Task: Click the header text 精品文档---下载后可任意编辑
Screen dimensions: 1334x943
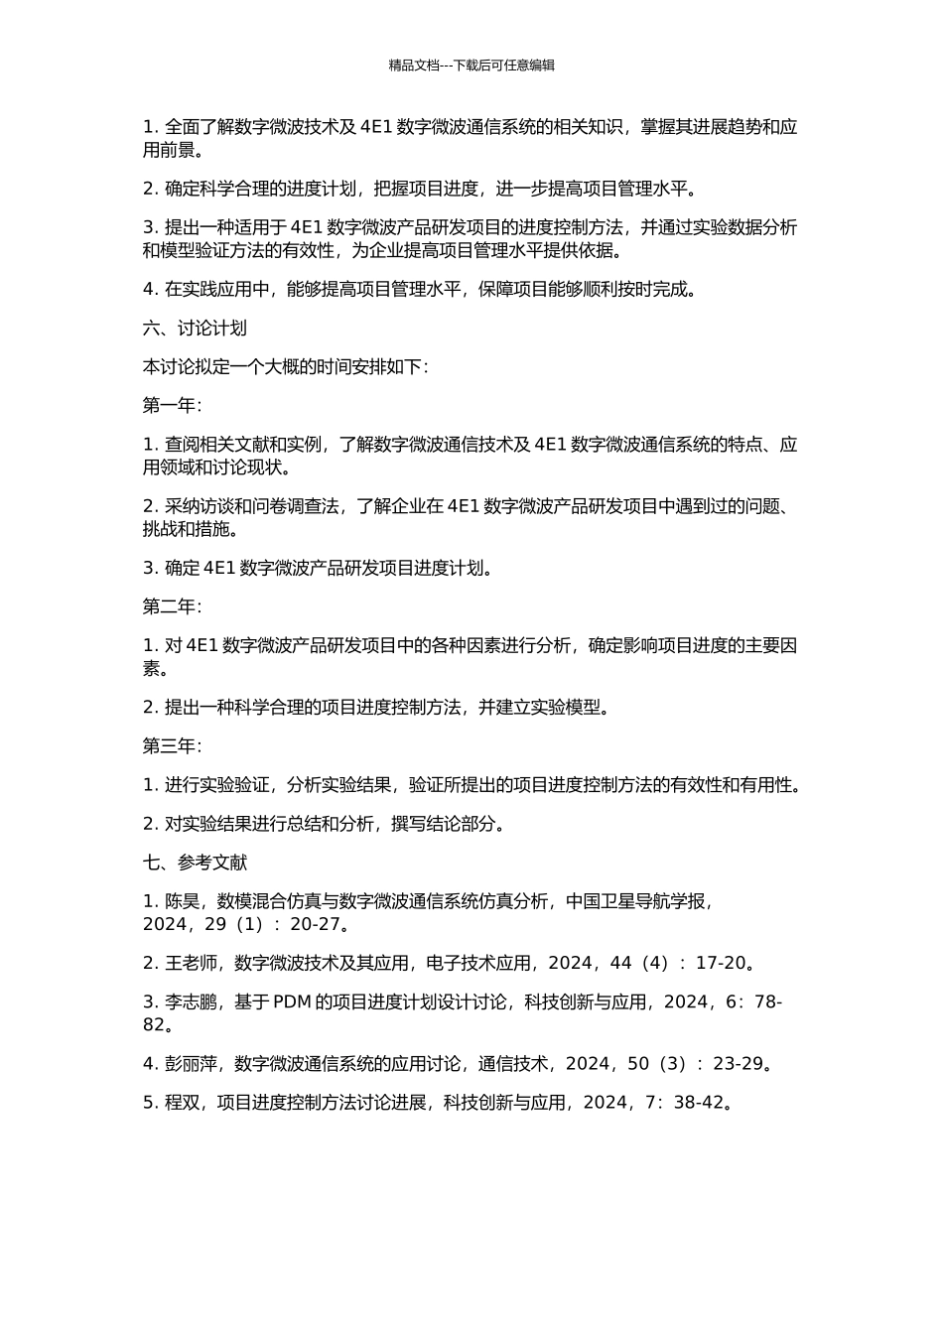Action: point(471,66)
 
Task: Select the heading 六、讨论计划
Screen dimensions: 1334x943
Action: point(195,329)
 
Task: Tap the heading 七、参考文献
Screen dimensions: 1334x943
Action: point(195,864)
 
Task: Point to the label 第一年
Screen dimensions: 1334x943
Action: point(171,406)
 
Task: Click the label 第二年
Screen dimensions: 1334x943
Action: point(171,606)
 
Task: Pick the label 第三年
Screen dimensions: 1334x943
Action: point(171,746)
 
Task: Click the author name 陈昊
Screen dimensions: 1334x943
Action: point(183,902)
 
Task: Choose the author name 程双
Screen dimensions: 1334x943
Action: point(183,1103)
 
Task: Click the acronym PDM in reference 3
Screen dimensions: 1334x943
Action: point(292,1002)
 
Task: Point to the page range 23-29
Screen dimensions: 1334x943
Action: point(739,1064)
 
